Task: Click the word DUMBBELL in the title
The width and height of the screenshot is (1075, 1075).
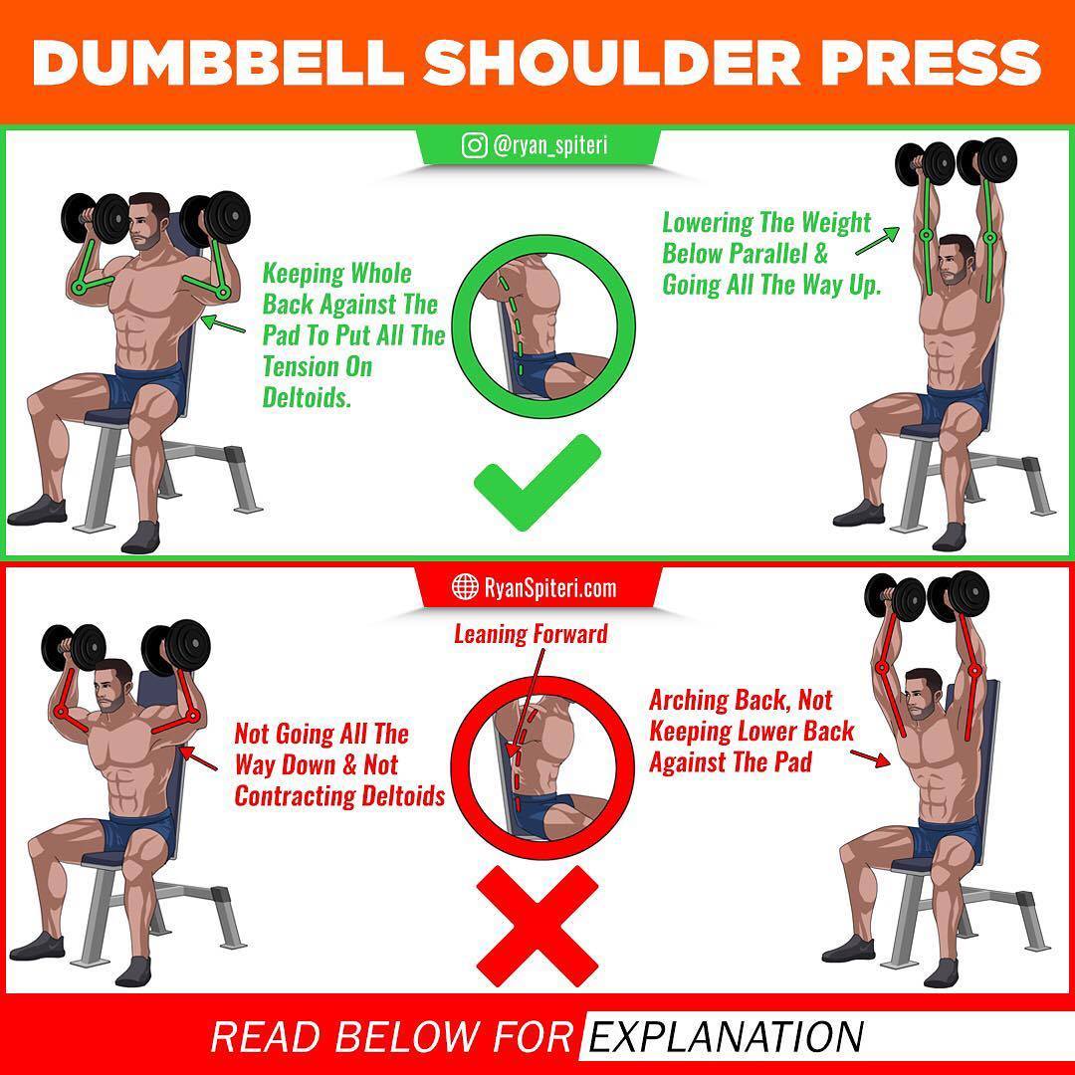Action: (216, 63)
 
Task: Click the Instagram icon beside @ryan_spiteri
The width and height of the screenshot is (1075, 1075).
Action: (474, 145)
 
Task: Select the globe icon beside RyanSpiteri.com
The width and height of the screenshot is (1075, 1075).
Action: (465, 587)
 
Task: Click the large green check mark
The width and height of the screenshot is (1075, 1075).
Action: (537, 482)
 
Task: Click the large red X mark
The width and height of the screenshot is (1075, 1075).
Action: (537, 926)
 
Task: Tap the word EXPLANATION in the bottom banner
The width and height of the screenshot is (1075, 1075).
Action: (726, 1036)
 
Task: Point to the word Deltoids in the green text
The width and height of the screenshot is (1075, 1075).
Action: (308, 397)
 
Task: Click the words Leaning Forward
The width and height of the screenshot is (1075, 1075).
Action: (531, 633)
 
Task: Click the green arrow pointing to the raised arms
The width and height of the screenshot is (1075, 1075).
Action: (878, 240)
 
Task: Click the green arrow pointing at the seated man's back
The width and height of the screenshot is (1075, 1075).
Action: (224, 324)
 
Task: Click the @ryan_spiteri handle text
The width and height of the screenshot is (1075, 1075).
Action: (549, 146)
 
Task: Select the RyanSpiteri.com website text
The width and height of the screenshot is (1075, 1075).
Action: (550, 587)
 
